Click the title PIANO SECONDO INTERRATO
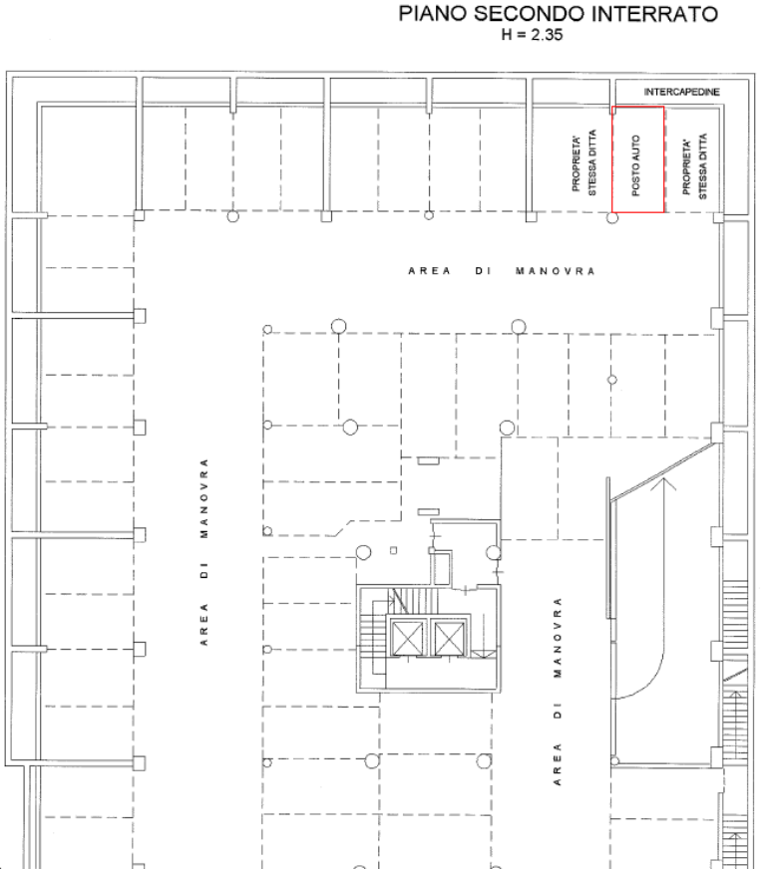point(558,14)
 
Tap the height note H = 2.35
point(532,35)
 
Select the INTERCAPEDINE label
point(681,92)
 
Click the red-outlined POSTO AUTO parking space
point(638,159)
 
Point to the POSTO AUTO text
point(636,165)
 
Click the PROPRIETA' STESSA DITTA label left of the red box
point(584,161)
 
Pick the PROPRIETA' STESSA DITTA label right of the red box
point(695,165)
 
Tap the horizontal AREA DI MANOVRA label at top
point(502,271)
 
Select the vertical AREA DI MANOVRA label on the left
point(204,552)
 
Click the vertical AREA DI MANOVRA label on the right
point(558,691)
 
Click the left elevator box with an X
point(407,639)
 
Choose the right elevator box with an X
point(449,639)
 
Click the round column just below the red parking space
point(612,218)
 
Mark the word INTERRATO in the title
point(655,14)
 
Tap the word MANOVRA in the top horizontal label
point(556,271)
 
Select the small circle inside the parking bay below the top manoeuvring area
point(612,380)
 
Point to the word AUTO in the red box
point(636,147)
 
